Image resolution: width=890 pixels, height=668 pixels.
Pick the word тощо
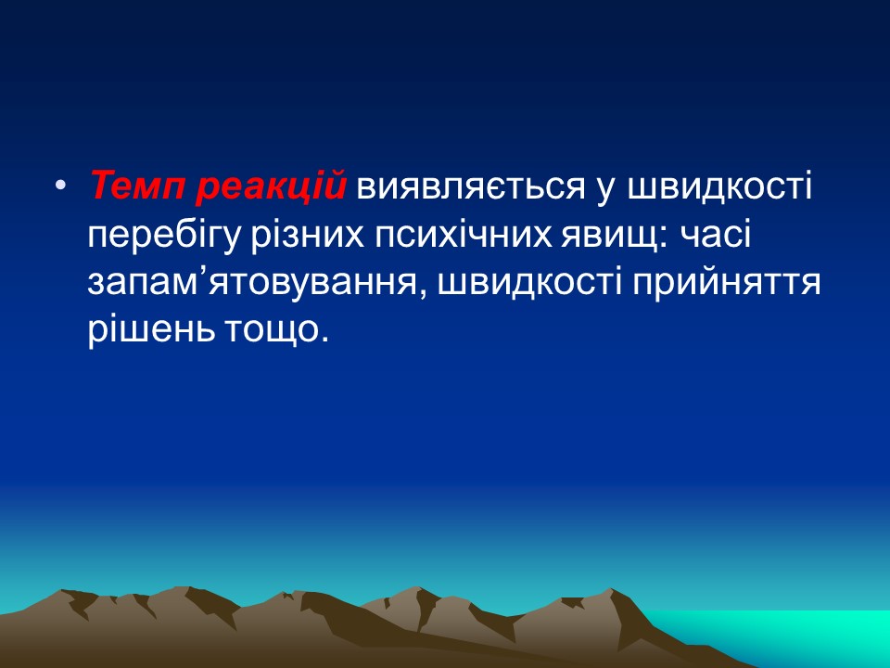pos(271,330)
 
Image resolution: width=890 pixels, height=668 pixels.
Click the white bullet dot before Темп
pos(61,186)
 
